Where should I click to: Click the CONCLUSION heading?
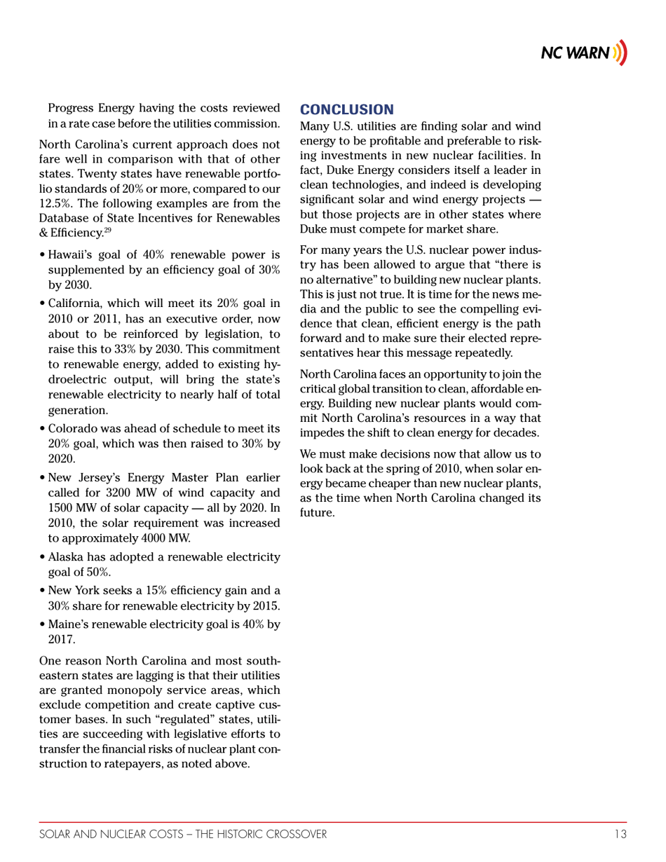click(347, 109)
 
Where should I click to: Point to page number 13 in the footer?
click(619, 834)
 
